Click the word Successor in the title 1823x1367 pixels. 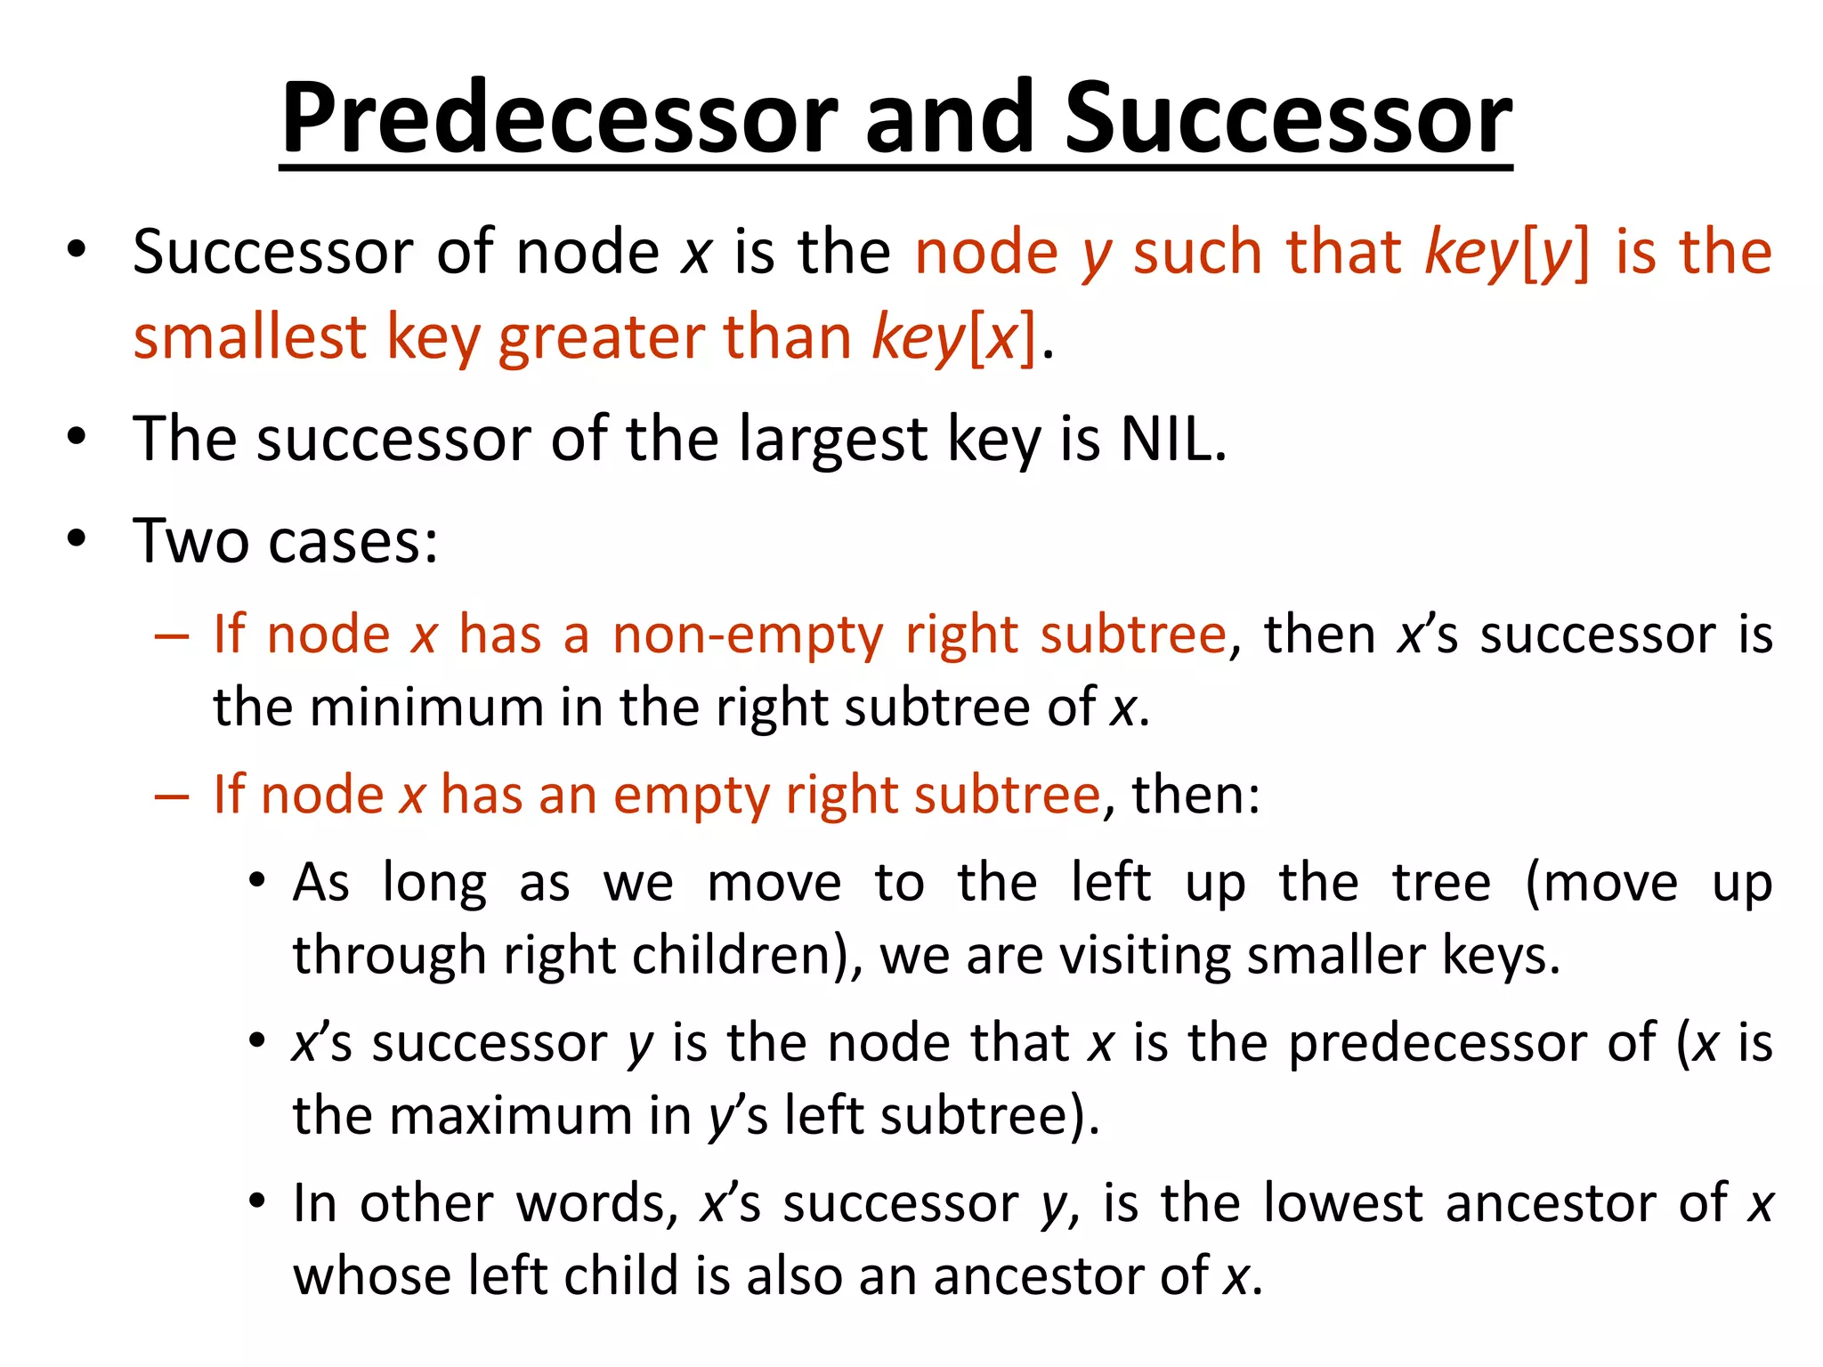point(1288,118)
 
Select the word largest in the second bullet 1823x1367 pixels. point(833,440)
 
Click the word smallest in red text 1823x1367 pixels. point(250,338)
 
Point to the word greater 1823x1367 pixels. point(601,338)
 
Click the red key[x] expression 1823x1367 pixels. point(953,338)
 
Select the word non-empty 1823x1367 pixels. point(748,635)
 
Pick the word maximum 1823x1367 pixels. point(511,1116)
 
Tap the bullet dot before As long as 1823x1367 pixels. point(257,881)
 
